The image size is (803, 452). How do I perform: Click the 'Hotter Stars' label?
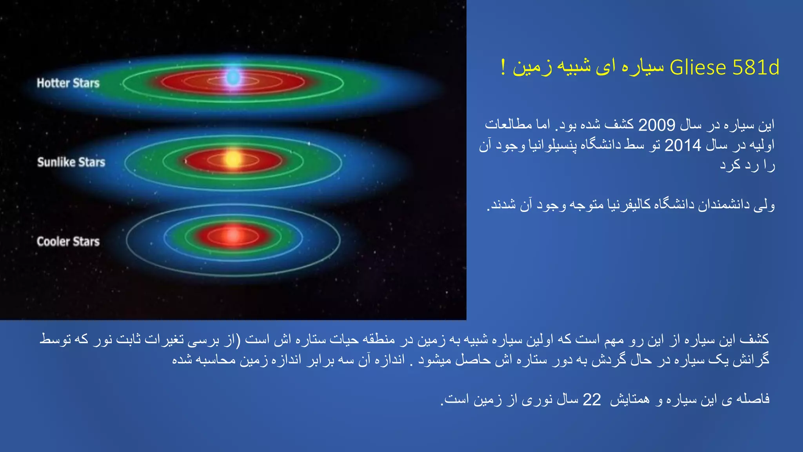[x=68, y=83]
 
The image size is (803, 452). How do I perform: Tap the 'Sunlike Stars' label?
[x=71, y=162]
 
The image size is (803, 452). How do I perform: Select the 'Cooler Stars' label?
[x=68, y=241]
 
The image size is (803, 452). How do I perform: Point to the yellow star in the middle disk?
[x=233, y=159]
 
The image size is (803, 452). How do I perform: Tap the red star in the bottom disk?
[x=233, y=235]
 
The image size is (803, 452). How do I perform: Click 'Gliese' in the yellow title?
[x=698, y=67]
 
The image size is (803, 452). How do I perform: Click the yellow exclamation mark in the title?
[x=503, y=67]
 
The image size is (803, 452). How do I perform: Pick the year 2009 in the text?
[x=656, y=125]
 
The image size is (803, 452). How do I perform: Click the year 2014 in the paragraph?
[x=683, y=146]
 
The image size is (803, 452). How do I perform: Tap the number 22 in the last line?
[x=592, y=400]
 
